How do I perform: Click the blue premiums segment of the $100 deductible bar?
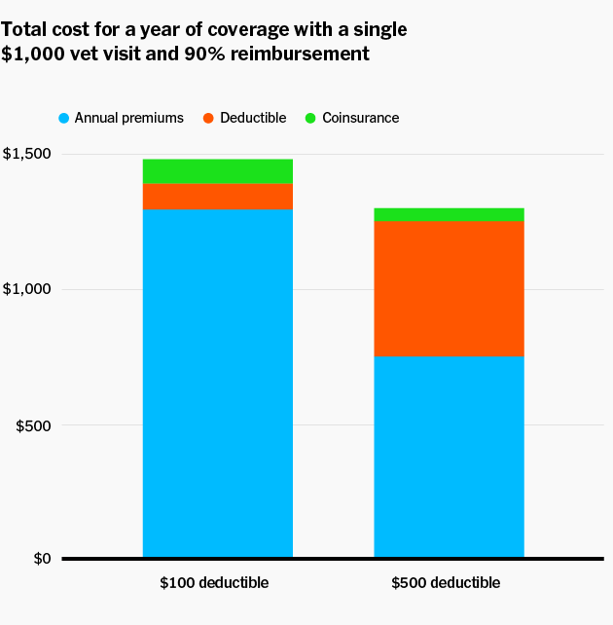(x=218, y=383)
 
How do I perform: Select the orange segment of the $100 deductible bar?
(x=218, y=197)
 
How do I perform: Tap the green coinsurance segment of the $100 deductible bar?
(x=218, y=171)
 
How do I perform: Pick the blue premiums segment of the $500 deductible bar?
(x=449, y=457)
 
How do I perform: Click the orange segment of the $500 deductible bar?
(x=449, y=288)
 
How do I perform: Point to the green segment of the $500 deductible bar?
(x=449, y=214)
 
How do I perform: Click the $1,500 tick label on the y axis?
(x=27, y=154)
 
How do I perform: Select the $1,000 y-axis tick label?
(x=27, y=289)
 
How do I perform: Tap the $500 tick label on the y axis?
(x=33, y=425)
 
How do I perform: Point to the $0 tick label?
(x=42, y=559)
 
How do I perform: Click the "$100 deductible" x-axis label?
(x=214, y=583)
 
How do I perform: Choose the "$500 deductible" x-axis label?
(x=446, y=583)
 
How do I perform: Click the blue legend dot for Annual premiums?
(x=63, y=118)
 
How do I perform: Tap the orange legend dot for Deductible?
(x=208, y=118)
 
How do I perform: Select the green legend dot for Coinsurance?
(x=310, y=118)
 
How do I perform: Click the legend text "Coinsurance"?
(x=360, y=118)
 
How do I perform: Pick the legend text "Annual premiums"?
(x=129, y=118)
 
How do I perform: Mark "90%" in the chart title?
(x=204, y=54)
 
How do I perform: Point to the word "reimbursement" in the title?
(x=300, y=54)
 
